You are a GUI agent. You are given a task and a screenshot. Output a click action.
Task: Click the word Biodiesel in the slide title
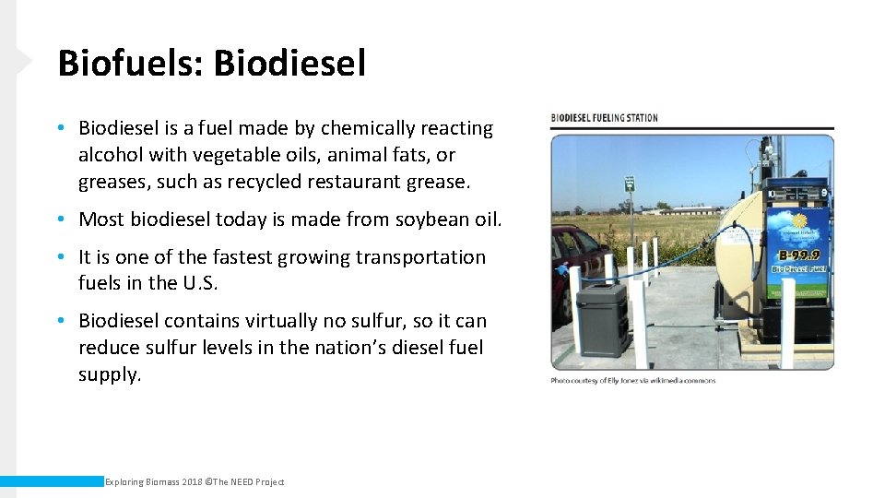tap(289, 64)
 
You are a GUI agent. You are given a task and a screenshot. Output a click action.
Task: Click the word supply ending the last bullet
tap(110, 374)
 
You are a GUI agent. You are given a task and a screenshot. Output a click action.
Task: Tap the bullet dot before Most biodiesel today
tap(60, 219)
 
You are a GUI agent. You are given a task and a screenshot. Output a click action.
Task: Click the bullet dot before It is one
tap(60, 257)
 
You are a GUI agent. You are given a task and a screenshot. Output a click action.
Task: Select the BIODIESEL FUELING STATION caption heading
tap(604, 118)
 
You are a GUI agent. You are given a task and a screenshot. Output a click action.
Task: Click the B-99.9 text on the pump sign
tap(797, 255)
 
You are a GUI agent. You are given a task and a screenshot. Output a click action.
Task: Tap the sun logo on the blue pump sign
tap(797, 224)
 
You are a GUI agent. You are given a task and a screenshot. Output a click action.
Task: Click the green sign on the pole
tap(630, 183)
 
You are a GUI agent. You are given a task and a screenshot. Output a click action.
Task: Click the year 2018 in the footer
tap(194, 482)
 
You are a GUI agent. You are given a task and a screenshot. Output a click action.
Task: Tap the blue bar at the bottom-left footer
tap(51, 481)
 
